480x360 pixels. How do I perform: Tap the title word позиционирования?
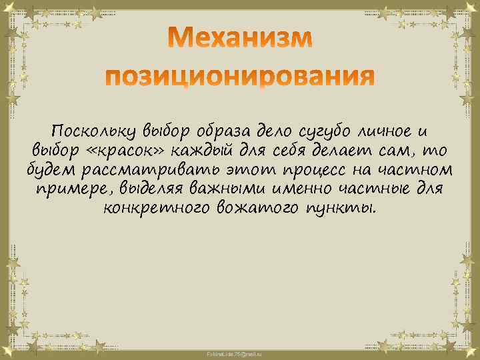tap(240, 78)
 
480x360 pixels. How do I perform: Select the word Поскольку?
tap(91, 129)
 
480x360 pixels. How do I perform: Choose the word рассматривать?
tap(145, 169)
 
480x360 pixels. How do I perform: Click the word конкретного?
tap(157, 208)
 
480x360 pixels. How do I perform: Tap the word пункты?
tap(343, 209)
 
